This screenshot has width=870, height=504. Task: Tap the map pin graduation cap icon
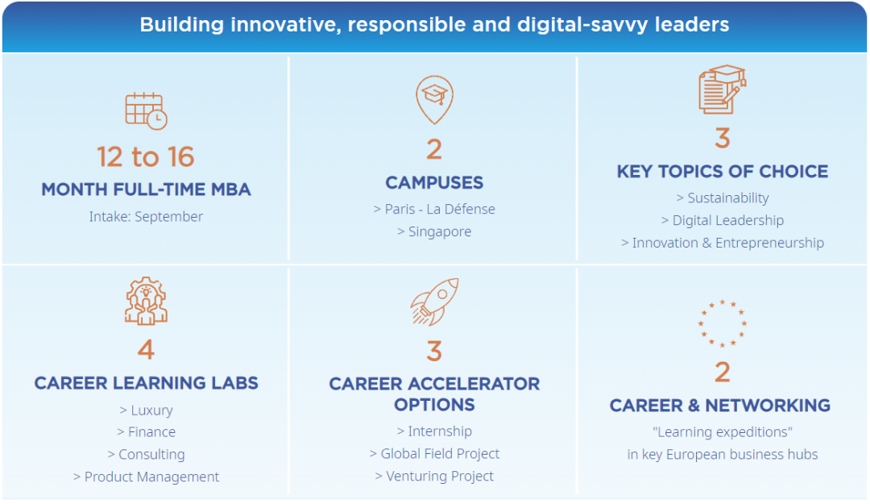[x=434, y=99]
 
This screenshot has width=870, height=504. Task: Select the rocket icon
[x=434, y=301]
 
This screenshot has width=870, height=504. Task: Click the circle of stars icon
[x=722, y=323]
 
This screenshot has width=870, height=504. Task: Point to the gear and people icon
[x=146, y=301]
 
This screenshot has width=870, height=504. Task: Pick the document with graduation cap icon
[x=723, y=90]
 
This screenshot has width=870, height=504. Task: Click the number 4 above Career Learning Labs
[x=146, y=350]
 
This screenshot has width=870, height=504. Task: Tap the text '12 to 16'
[x=146, y=156]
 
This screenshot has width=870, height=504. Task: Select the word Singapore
[x=440, y=231]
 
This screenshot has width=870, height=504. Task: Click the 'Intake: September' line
[x=146, y=216]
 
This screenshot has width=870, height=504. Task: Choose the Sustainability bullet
[x=723, y=198]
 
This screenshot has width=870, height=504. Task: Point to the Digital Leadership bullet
[x=723, y=220]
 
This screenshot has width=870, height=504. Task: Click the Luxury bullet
[x=146, y=410]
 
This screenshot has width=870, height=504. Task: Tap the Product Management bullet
[x=146, y=477]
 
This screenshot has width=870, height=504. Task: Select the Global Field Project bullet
[x=434, y=453]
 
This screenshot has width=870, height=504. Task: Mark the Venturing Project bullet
[x=434, y=477]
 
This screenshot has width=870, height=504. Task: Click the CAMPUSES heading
[x=434, y=182]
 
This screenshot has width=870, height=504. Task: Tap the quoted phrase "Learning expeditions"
[x=723, y=431]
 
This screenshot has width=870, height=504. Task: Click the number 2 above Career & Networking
[x=723, y=373]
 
